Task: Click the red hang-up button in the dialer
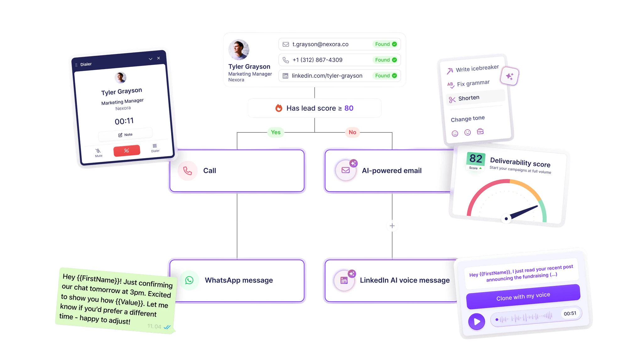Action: pos(127,151)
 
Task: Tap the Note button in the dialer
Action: pos(125,135)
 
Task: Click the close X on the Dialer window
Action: pos(159,58)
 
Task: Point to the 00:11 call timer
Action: pos(124,121)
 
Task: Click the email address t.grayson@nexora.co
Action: pos(320,44)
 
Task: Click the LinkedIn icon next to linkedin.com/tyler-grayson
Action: pos(285,76)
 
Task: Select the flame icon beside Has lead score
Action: pos(279,108)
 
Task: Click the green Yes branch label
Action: pos(276,132)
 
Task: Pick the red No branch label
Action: pos(352,132)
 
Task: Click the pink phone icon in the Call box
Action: pos(187,171)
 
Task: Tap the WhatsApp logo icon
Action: pos(189,280)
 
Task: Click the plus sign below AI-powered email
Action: pos(392,226)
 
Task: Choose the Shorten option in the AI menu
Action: pos(468,98)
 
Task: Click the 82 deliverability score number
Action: pos(476,159)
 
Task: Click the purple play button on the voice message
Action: pos(477,321)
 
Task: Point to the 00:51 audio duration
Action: pos(570,313)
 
